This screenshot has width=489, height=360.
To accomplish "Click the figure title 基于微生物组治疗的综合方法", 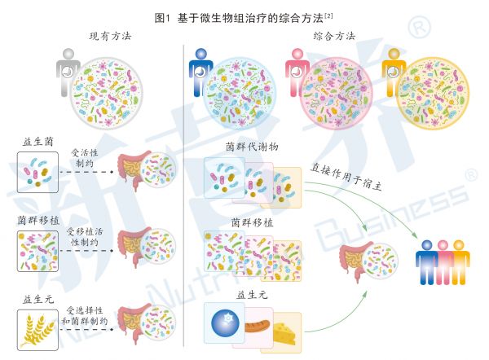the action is tap(250, 18).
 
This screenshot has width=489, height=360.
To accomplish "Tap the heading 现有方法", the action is tap(110, 36).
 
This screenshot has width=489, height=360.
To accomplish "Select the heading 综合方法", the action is tap(334, 36).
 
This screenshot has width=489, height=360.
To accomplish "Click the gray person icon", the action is tap(67, 72).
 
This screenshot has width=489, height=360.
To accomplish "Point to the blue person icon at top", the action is tap(200, 72).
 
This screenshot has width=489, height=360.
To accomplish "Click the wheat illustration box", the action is tap(37, 330).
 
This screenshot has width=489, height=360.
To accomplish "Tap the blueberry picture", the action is tap(225, 323).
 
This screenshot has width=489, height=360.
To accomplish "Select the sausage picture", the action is tap(258, 326).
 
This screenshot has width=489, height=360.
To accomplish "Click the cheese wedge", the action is tap(284, 333).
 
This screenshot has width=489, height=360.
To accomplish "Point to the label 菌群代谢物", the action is tap(252, 147).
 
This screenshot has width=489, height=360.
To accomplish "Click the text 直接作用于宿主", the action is tap(346, 177).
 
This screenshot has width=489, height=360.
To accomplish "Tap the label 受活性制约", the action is tap(85, 158).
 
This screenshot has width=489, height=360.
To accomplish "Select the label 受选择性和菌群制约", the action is tap(85, 315).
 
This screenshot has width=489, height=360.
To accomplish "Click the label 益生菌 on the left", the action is tap(37, 142).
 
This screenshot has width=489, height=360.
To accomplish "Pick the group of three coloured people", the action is tap(443, 262).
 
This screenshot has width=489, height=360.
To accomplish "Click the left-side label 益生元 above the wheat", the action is tap(38, 299).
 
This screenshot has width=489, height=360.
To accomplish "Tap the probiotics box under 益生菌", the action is tap(37, 172).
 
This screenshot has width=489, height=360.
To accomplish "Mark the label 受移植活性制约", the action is tap(85, 236).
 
